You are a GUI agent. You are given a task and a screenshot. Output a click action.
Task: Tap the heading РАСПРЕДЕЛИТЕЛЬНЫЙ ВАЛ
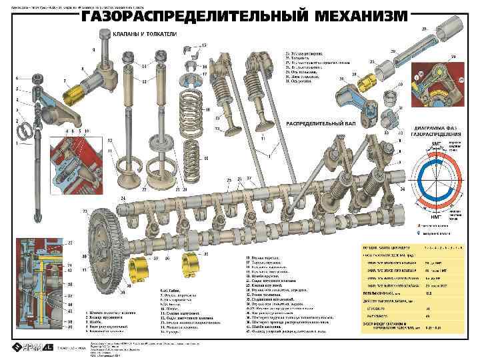pyautogui.click(x=320, y=124)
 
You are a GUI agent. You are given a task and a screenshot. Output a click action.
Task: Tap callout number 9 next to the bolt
pyautogui.click(x=94, y=49)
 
